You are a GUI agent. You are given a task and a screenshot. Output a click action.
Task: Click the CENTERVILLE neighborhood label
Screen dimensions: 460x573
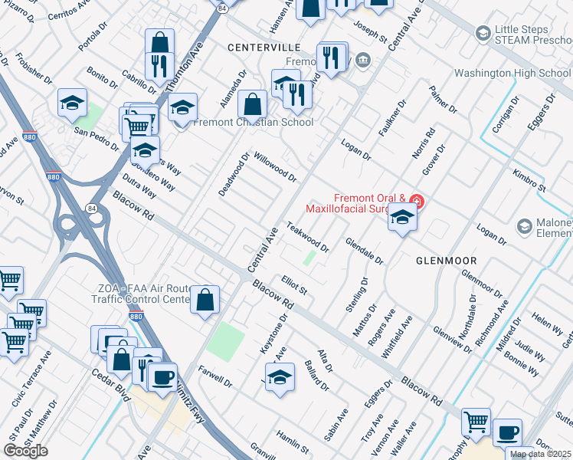coord(263,48)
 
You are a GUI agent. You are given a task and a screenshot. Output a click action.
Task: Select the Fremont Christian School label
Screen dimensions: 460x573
coord(253,122)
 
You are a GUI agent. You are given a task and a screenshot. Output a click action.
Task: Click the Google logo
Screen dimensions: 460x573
coord(25,451)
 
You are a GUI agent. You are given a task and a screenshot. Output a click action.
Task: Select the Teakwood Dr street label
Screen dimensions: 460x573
coord(307,238)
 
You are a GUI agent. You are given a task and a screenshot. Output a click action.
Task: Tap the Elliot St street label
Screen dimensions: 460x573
coord(293,286)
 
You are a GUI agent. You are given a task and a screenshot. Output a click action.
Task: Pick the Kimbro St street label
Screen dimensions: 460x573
coord(529,181)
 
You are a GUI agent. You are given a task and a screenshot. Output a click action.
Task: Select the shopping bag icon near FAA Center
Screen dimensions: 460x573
coord(205,300)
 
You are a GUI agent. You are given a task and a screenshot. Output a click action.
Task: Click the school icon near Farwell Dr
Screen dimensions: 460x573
coord(280,378)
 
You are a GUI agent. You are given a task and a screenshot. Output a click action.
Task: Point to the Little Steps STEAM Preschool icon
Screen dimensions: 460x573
coord(483,33)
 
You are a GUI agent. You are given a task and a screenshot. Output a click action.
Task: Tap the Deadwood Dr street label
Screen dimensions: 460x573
coord(234,174)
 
